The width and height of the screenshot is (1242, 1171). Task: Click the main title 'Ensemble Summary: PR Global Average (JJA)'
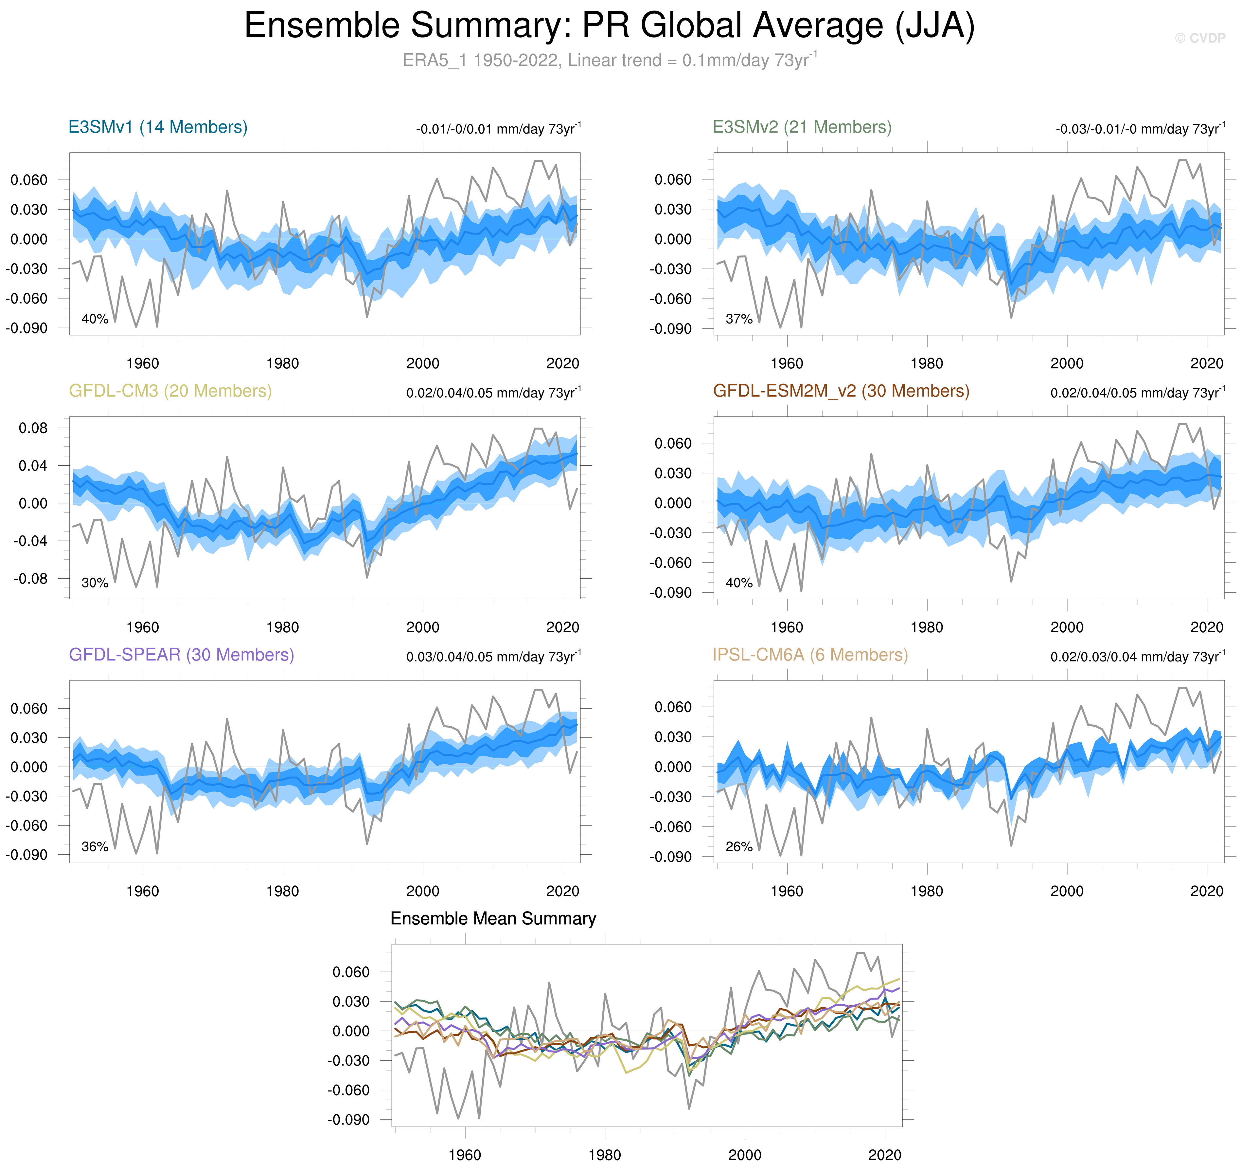609,26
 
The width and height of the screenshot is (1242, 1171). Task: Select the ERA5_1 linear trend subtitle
609,61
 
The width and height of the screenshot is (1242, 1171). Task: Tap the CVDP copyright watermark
1199,38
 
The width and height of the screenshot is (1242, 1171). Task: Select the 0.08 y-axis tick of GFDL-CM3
33,428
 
